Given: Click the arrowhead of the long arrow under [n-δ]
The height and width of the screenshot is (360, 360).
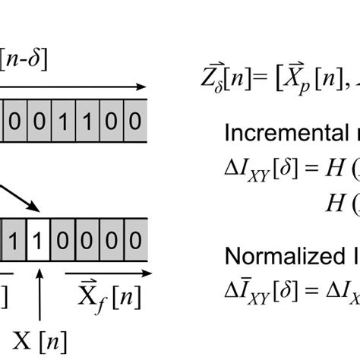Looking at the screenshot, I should [x=141, y=88].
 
